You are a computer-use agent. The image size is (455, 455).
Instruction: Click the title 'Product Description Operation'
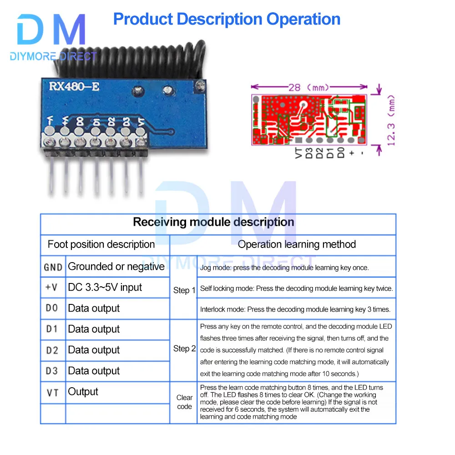[227, 20]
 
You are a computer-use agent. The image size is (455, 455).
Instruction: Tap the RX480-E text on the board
[74, 86]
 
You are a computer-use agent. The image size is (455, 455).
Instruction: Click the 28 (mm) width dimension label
[309, 87]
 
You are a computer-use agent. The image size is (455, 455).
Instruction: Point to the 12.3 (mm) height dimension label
[391, 121]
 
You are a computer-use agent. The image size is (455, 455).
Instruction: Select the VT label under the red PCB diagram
[298, 152]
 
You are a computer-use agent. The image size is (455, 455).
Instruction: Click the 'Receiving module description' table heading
[213, 222]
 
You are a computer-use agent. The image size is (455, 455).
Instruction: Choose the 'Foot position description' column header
[101, 244]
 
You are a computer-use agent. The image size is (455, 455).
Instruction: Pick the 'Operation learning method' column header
[297, 244]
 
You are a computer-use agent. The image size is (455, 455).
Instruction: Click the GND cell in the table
[53, 267]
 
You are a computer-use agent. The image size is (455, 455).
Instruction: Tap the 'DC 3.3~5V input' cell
[105, 287]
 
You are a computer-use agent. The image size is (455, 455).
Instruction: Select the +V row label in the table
[51, 287]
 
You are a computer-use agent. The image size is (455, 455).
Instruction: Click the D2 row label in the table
[52, 350]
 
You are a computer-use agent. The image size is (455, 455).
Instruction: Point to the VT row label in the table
[52, 393]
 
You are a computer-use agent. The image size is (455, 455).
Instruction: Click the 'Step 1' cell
[184, 290]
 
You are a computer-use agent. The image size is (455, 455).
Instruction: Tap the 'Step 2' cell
[184, 349]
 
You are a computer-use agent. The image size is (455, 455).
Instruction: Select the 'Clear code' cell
[184, 402]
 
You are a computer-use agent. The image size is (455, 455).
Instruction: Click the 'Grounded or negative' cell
[116, 266]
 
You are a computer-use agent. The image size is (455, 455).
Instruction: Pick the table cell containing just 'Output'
[83, 392]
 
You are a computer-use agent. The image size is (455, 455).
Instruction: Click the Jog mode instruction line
[284, 268]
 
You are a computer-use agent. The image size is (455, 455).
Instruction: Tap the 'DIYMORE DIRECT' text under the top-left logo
[53, 56]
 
